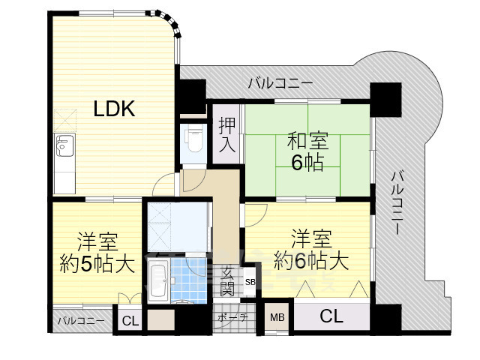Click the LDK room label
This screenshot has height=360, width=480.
click(x=114, y=109)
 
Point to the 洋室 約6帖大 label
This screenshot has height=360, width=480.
click(x=311, y=250)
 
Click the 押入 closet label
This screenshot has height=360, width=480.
click(x=227, y=136)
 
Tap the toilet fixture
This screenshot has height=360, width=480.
click(x=193, y=142)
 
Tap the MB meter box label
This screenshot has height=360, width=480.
click(x=277, y=317)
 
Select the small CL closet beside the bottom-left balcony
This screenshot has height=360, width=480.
click(x=130, y=322)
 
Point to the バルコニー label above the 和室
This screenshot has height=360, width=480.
click(x=280, y=83)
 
